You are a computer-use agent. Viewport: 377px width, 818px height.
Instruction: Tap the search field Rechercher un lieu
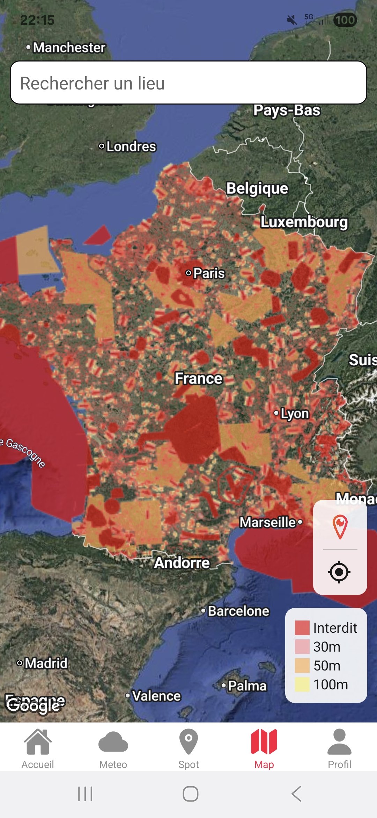tap(188, 83)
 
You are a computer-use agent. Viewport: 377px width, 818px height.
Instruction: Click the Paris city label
tap(209, 273)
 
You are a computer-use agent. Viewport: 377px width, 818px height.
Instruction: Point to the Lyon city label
tap(295, 414)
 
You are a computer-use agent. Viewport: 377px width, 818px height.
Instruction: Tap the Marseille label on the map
tap(268, 522)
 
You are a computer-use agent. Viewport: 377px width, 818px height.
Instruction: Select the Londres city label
tap(131, 146)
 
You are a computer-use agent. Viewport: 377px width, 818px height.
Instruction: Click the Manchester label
tap(69, 48)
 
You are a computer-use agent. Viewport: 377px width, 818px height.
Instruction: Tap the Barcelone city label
tap(238, 611)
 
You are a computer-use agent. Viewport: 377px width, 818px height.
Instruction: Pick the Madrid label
tap(46, 663)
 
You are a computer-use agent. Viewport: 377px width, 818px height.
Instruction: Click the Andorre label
tap(182, 563)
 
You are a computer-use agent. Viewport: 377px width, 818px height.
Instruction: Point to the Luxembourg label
tap(304, 222)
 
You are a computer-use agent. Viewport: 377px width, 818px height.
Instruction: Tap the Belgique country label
tap(257, 188)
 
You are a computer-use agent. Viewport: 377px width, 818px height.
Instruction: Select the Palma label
tap(247, 686)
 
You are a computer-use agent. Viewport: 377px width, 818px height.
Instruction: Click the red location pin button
tap(340, 526)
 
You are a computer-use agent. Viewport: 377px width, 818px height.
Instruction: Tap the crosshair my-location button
tap(339, 572)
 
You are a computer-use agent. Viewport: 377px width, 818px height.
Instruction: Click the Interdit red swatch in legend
tap(302, 628)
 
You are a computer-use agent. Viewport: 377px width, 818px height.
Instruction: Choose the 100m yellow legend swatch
tap(302, 684)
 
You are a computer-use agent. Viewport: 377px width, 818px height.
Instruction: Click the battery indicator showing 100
tap(345, 20)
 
